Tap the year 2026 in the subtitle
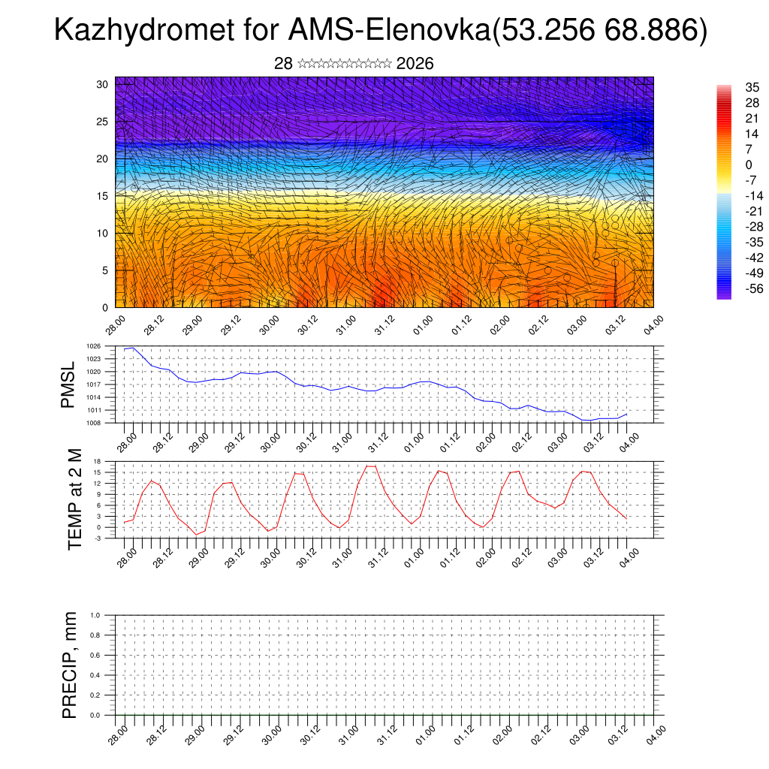[415, 64]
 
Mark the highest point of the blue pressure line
[133, 348]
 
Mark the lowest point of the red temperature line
[196, 535]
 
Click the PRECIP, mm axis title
[70, 665]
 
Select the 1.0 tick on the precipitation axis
[95, 615]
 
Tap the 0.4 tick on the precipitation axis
[95, 675]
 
